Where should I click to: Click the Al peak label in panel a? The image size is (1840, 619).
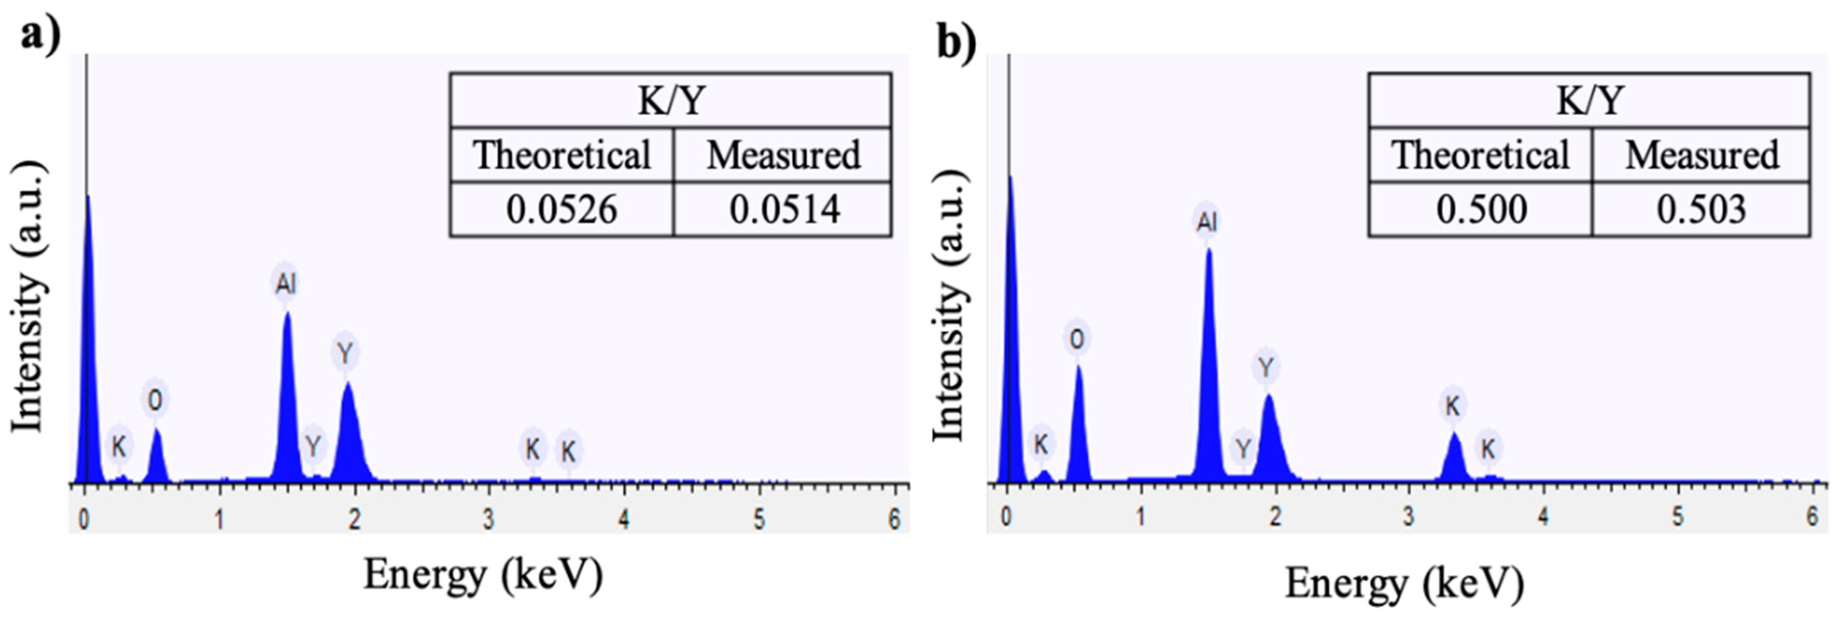pos(285,284)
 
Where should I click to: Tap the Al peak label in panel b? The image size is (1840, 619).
pos(1206,222)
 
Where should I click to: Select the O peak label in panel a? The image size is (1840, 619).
pos(155,401)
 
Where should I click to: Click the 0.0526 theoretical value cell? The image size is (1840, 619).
pos(562,209)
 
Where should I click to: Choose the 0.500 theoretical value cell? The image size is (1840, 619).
pos(1481,209)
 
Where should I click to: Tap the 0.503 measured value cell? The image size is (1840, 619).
pos(1701,209)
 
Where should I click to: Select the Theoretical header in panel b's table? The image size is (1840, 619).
pos(1481,155)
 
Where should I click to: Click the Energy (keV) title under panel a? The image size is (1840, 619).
pos(483,574)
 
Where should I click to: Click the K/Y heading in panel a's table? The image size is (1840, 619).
pos(671,101)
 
